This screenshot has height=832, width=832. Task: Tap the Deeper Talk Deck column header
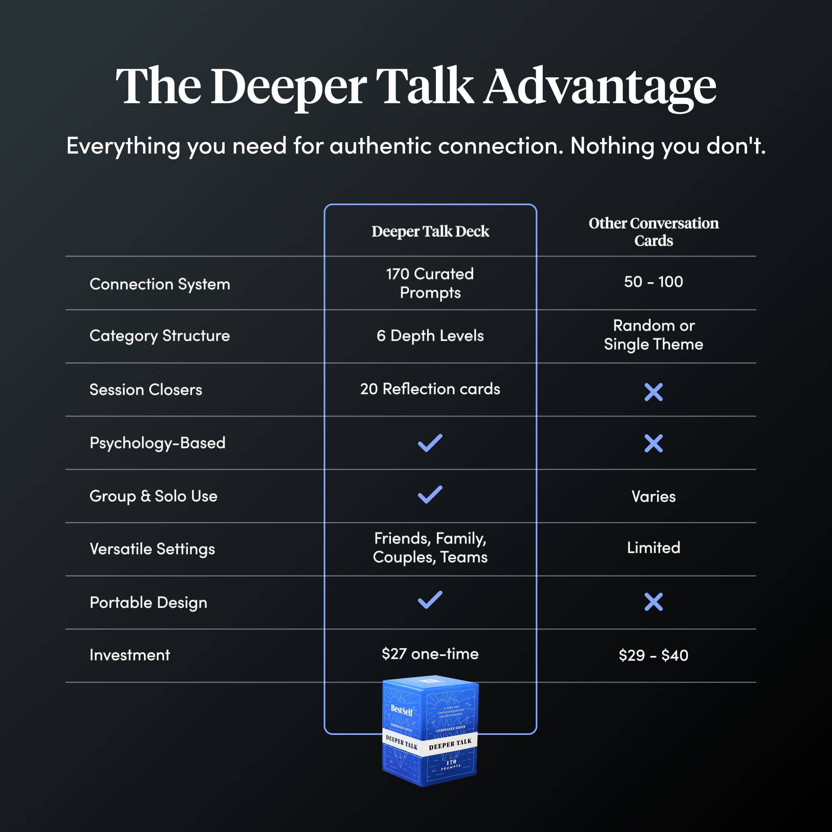pos(430,231)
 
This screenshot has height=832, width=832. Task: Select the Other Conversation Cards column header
pos(653,232)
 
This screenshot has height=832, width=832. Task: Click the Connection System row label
pos(159,284)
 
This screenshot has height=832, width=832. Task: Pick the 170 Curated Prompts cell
pos(430,283)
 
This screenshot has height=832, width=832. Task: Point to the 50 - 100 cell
pos(653,282)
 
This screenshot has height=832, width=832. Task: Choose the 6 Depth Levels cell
pos(430,336)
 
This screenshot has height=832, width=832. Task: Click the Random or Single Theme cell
pos(653,335)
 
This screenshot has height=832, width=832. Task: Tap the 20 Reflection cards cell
pos(430,389)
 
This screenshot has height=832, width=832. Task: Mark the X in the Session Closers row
pos(653,392)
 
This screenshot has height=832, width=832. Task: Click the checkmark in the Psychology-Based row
pos(430,443)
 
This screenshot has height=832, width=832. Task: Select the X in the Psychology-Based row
pos(653,443)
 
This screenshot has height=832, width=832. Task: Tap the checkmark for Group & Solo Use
pos(430,494)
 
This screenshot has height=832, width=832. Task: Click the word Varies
pos(653,496)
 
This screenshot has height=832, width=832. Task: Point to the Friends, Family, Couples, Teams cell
pos(430,548)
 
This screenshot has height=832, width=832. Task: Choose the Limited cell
pos(653,548)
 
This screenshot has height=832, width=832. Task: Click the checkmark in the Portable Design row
pos(430,600)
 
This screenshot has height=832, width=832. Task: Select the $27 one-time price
pos(430,654)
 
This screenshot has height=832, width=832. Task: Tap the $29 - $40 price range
pos(653,655)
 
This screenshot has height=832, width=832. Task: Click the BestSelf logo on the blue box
pos(401,711)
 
